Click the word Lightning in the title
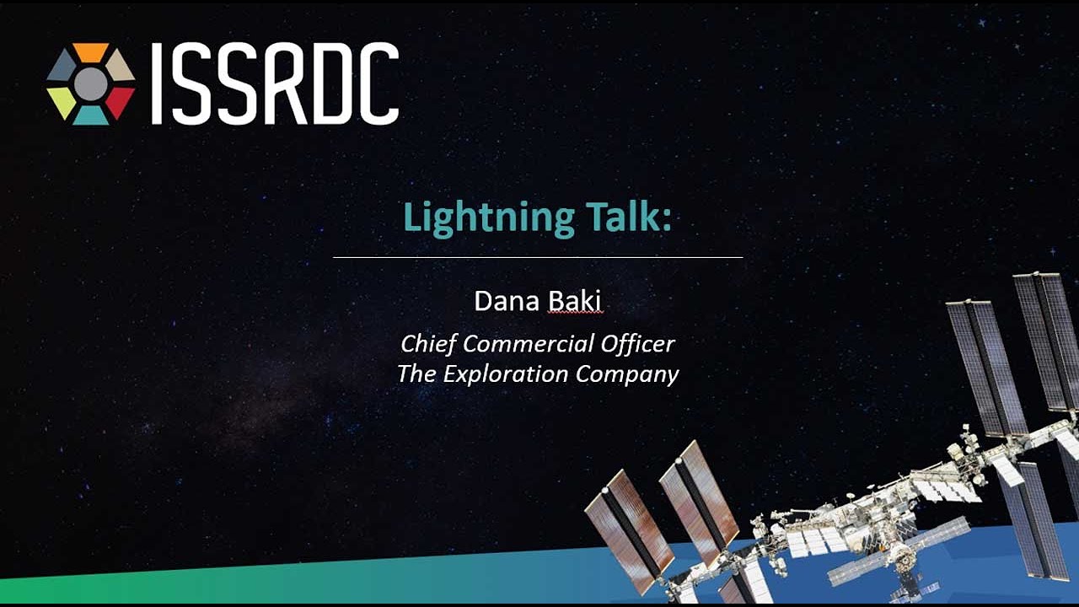tap(489, 218)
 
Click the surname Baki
tap(575, 301)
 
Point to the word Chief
tap(429, 344)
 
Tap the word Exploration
tap(505, 373)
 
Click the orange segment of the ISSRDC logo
tap(90, 51)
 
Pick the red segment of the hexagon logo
tap(119, 102)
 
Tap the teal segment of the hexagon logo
tap(90, 115)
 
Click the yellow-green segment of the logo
tap(62, 102)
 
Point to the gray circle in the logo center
tap(90, 84)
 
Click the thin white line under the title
tap(538, 257)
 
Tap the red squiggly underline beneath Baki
tap(575, 313)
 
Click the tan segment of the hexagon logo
tap(120, 66)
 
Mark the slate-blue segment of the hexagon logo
tap(62, 66)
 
